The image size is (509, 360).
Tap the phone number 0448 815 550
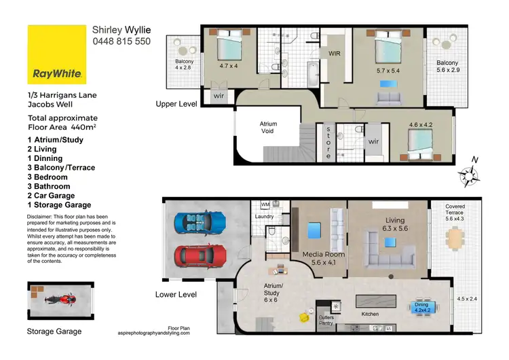(121, 41)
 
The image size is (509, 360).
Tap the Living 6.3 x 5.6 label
(394, 225)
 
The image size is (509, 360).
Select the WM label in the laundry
(266, 204)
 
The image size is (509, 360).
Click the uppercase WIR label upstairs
(335, 52)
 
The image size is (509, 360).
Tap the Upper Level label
(176, 105)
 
